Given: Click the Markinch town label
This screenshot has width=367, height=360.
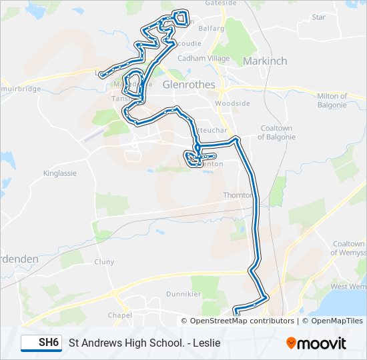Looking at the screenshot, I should click(x=265, y=61).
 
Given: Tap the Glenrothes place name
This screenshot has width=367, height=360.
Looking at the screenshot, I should click(x=189, y=85).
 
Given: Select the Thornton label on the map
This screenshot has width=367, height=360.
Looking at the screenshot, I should click(x=238, y=195).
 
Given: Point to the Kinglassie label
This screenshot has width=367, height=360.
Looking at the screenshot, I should click(x=60, y=173).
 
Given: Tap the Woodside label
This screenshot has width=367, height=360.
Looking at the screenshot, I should click(x=232, y=103).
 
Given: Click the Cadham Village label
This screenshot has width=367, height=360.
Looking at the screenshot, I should click(x=204, y=58).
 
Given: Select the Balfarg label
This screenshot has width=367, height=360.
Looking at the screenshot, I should click(x=210, y=29).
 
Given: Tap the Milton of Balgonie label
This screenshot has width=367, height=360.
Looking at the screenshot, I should click(x=332, y=101).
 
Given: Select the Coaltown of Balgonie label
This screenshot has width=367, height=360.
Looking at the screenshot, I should click(x=276, y=133).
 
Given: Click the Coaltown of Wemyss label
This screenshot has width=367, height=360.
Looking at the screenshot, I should click(x=348, y=248).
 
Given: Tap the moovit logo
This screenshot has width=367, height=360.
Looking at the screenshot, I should click(x=316, y=343).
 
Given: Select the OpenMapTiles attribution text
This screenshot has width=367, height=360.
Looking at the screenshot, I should click(x=333, y=321).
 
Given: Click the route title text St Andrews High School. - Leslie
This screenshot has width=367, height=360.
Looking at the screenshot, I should click(x=144, y=343).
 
